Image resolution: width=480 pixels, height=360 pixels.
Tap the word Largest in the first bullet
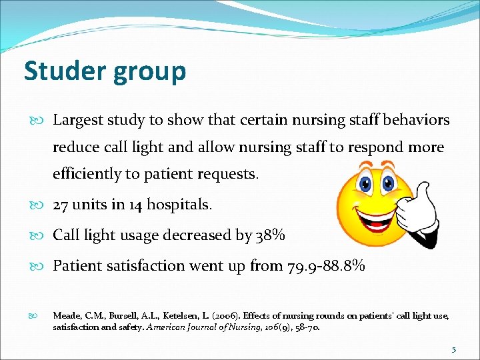click(75, 121)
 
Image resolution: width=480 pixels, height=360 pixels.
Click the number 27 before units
click(61, 205)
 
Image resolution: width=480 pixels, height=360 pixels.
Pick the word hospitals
click(178, 205)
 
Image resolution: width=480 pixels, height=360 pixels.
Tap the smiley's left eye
click(365, 182)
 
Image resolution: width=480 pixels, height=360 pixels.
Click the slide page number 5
click(454, 349)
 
